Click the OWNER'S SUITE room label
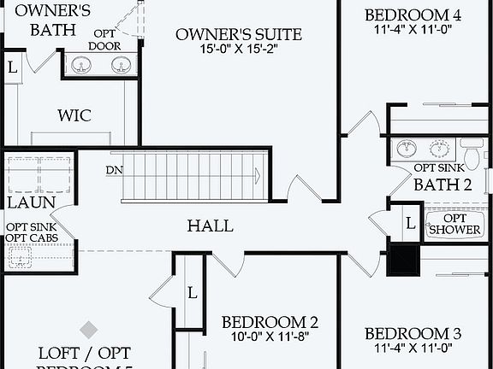[x=239, y=34]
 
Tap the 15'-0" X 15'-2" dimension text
[x=239, y=50]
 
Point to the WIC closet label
[x=74, y=115]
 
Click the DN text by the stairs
[x=115, y=169]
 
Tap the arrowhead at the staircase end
[x=256, y=175]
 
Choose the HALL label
[x=211, y=225]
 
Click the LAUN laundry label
[x=32, y=203]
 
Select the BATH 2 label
[x=443, y=184]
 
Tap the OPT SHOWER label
[x=448, y=224]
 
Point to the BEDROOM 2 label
[x=270, y=322]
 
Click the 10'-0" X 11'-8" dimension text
[x=270, y=337]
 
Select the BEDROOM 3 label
[x=413, y=333]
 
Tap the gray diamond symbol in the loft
[x=88, y=328]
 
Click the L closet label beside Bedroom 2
[x=192, y=293]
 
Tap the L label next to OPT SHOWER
[x=410, y=223]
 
